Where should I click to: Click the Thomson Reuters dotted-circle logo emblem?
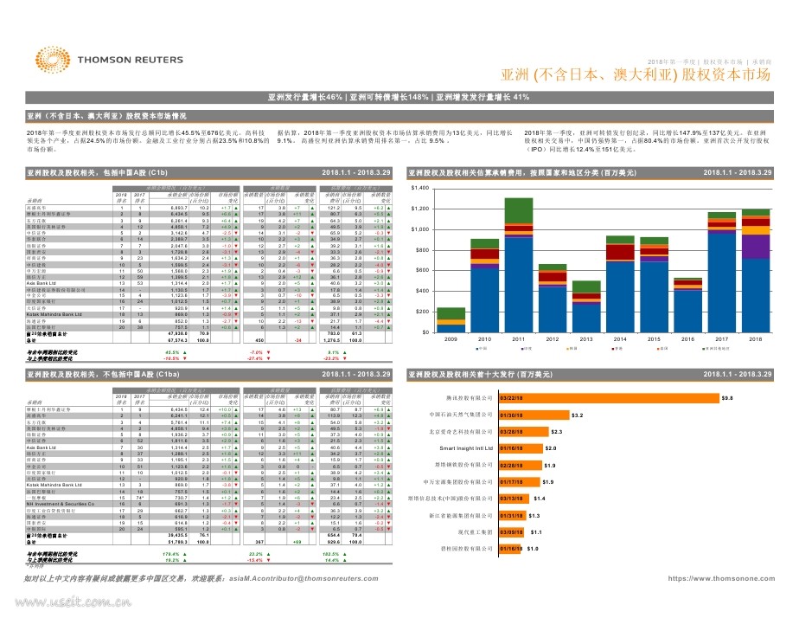(39, 61)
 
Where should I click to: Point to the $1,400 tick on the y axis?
(419, 188)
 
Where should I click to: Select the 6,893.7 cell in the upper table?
(179, 209)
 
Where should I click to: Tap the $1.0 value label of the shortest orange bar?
(533, 549)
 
